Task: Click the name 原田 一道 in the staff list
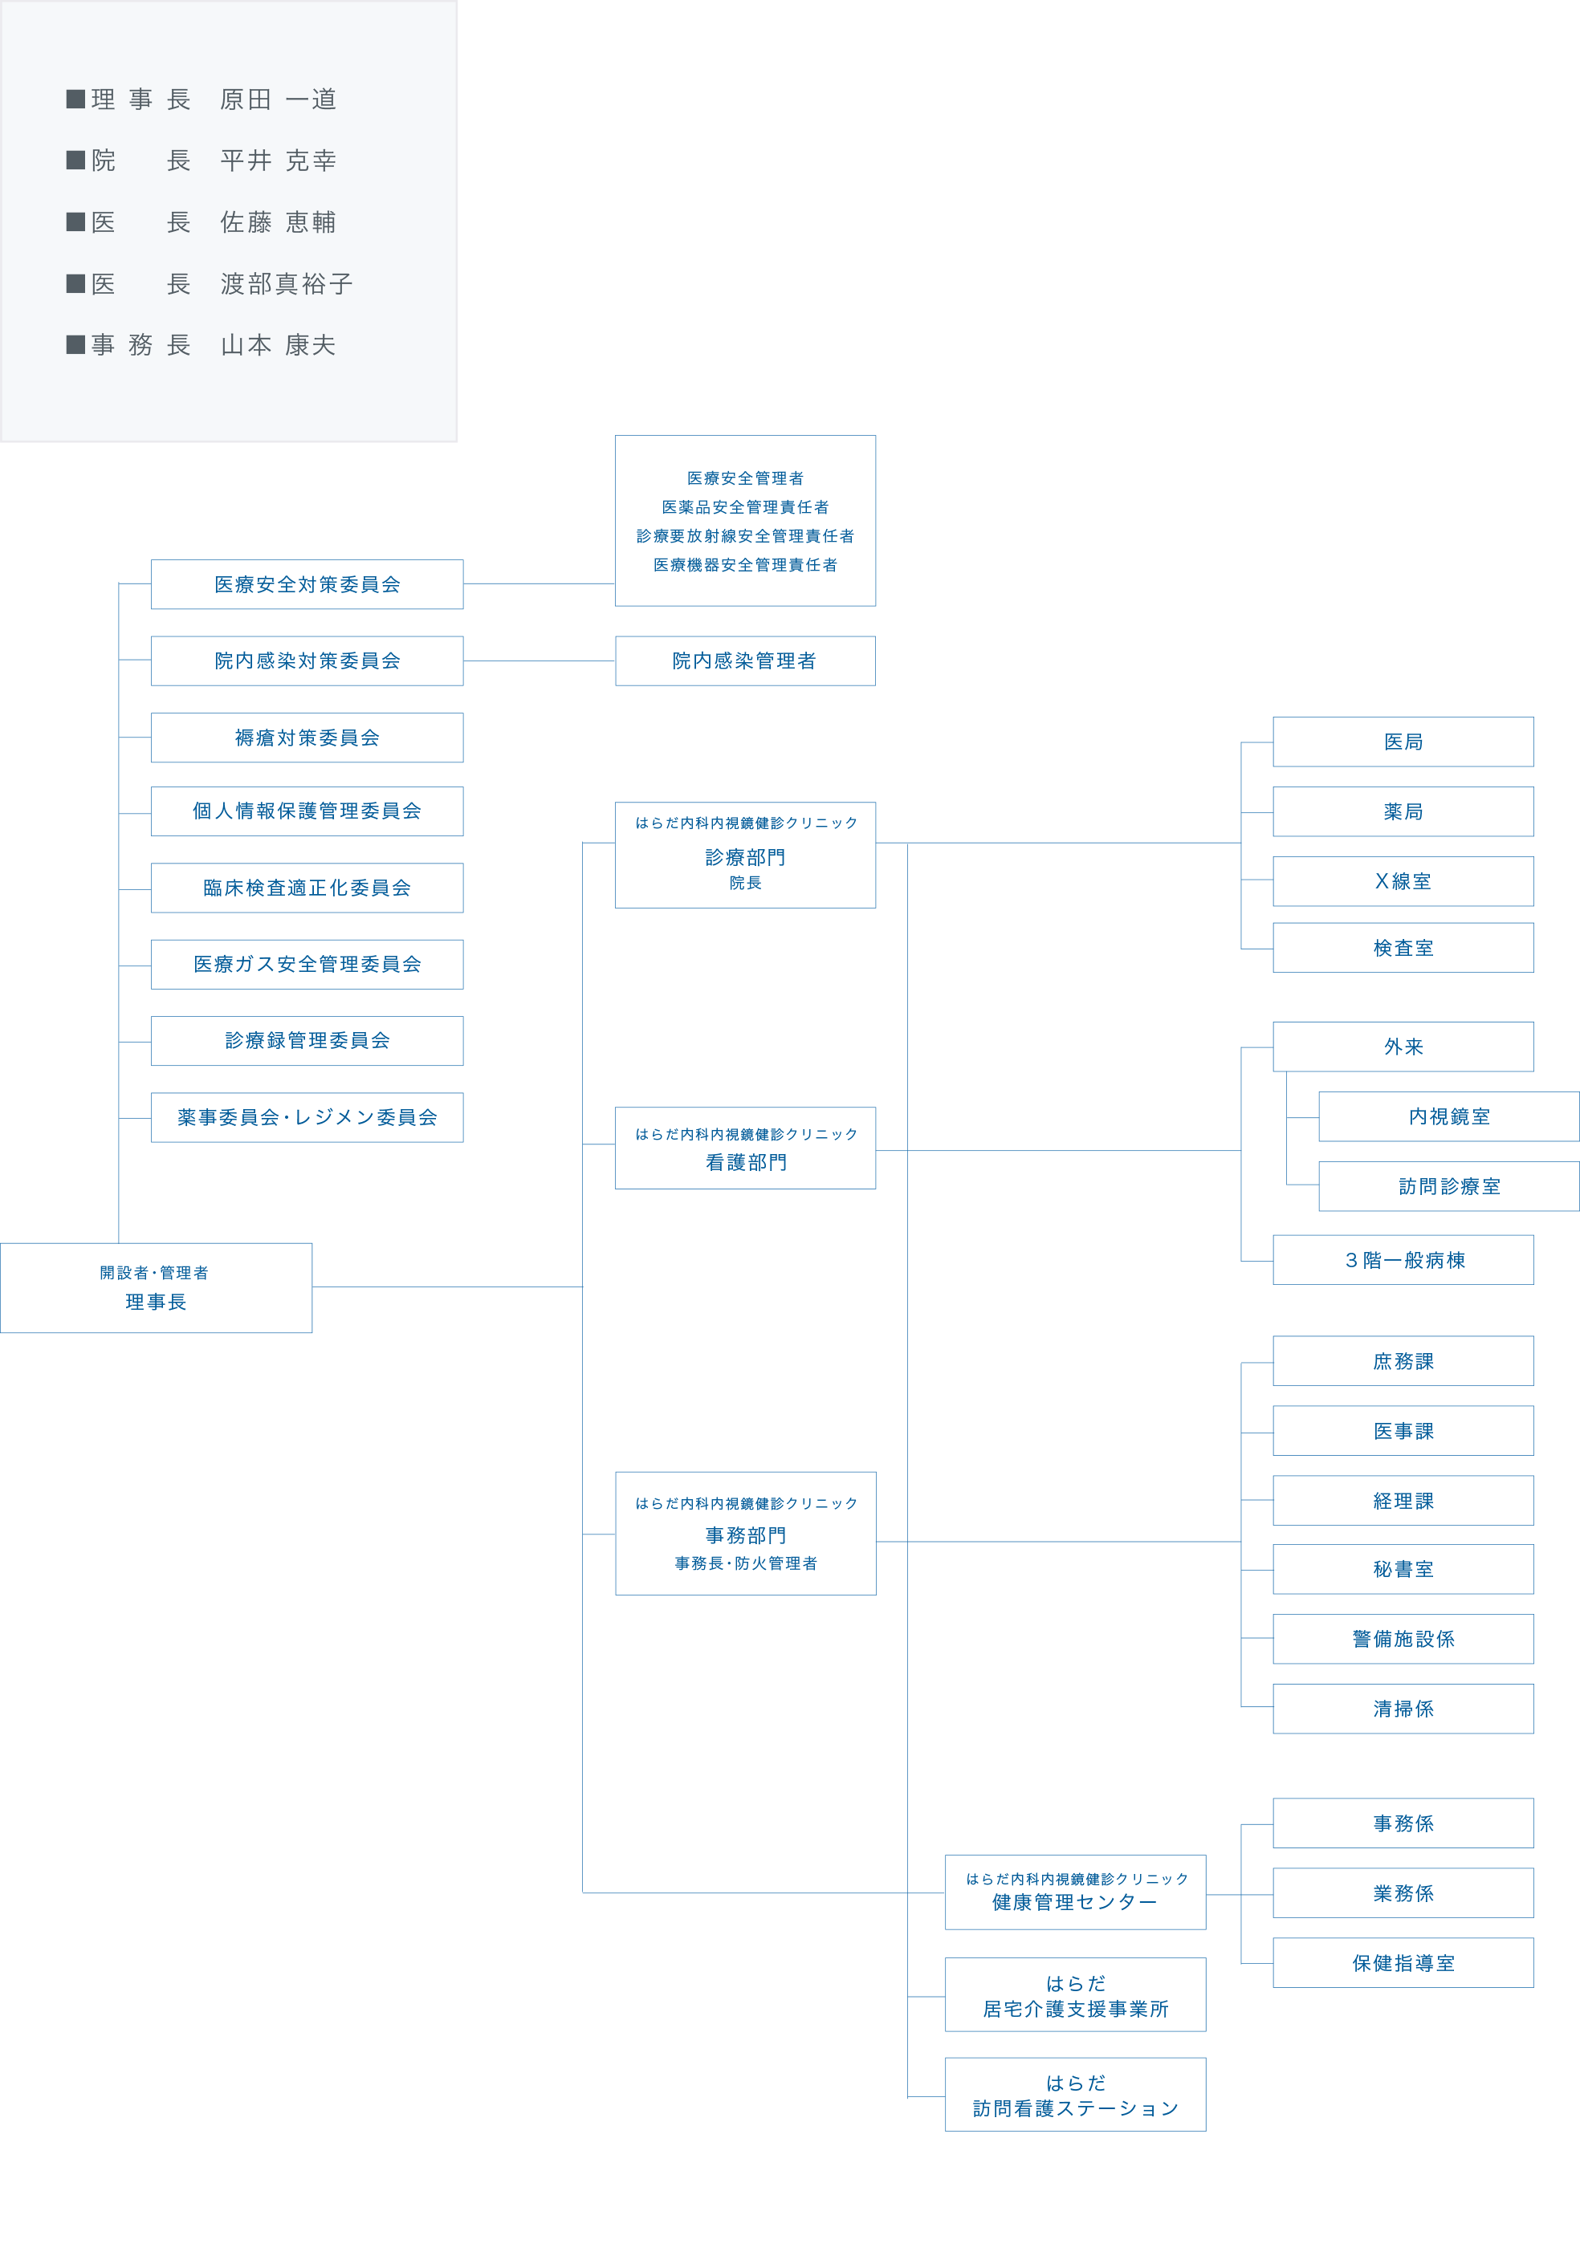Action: tap(279, 100)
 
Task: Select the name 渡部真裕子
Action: tap(287, 283)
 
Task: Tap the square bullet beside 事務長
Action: tap(75, 344)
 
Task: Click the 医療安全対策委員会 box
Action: tap(307, 585)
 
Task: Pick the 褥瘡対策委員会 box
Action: tap(307, 738)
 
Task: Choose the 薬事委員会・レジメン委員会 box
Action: tap(307, 1117)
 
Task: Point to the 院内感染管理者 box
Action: tap(745, 661)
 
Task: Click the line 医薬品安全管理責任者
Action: tap(745, 507)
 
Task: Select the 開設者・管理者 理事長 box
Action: tap(156, 1287)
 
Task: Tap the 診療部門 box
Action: tap(745, 856)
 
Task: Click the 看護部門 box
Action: tap(745, 1148)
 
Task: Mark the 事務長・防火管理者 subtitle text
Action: tap(745, 1563)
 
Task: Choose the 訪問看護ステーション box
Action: tap(1075, 2095)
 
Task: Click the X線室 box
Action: tap(1403, 881)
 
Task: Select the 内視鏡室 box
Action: tap(1448, 1116)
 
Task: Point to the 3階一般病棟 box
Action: tap(1403, 1260)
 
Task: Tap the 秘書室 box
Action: tap(1403, 1569)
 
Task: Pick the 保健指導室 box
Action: tap(1403, 1963)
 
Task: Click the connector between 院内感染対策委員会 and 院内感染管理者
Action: tap(540, 661)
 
